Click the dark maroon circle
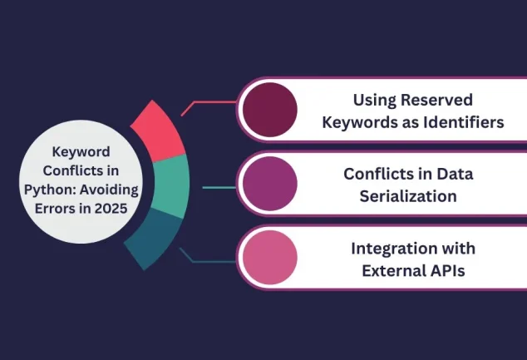tap(270, 110)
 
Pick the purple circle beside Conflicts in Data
tap(270, 184)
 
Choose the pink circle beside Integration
tap(270, 258)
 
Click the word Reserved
tap(437, 100)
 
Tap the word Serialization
tap(408, 196)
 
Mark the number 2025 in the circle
tap(111, 209)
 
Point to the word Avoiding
tap(109, 190)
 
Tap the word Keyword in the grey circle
tap(81, 152)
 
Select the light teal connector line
tap(219, 188)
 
